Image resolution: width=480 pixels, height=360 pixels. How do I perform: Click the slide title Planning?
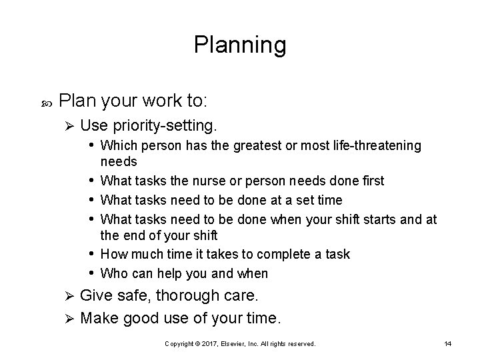pyautogui.click(x=240, y=45)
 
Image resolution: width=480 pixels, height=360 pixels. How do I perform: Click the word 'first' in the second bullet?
pyautogui.click(x=371, y=181)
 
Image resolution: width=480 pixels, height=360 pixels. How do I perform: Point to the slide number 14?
pyautogui.click(x=447, y=343)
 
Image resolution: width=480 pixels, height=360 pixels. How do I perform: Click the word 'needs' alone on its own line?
pyautogui.click(x=119, y=162)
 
